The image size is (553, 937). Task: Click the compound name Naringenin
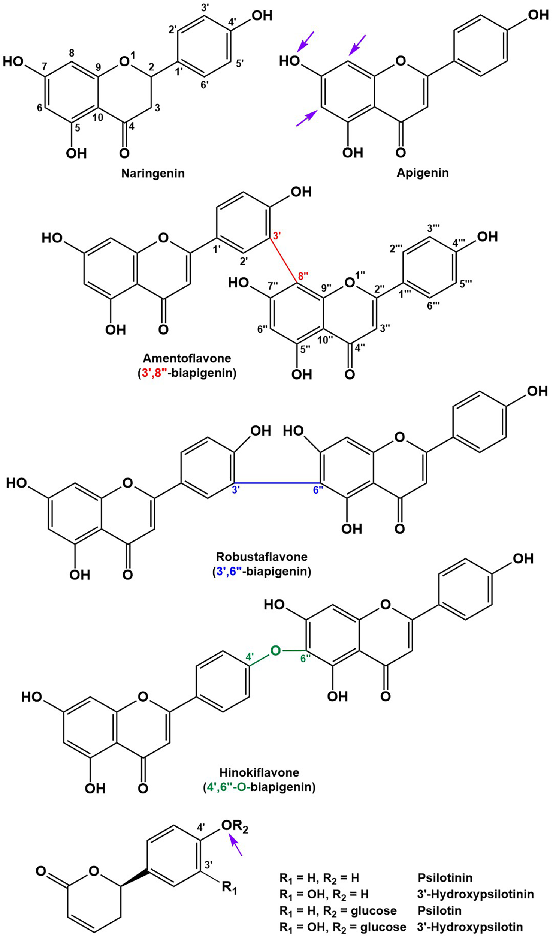pyautogui.click(x=153, y=173)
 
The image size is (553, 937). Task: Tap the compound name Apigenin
pyautogui.click(x=423, y=172)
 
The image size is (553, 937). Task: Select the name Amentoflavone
pyautogui.click(x=187, y=358)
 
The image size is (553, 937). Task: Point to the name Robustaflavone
pyautogui.click(x=262, y=557)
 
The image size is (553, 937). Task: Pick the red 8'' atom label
pyautogui.click(x=303, y=276)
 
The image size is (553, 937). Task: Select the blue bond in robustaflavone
pyautogui.click(x=277, y=483)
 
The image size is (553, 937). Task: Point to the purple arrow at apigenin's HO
pyautogui.click(x=306, y=41)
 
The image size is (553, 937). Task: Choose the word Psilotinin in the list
pyautogui.click(x=445, y=877)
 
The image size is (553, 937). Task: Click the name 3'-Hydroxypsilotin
pyautogui.click(x=470, y=924)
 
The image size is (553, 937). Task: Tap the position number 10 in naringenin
pyautogui.click(x=98, y=117)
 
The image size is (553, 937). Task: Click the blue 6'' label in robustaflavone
pyautogui.click(x=318, y=490)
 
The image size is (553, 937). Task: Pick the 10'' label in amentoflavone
pyautogui.click(x=325, y=340)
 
